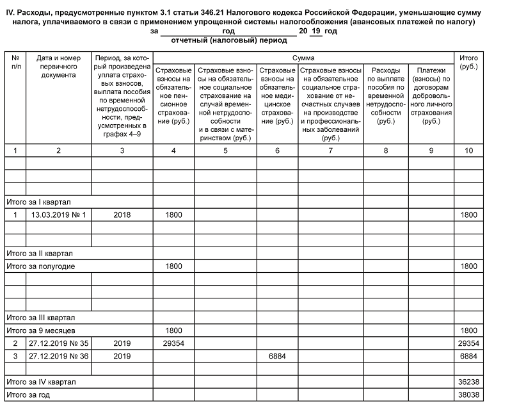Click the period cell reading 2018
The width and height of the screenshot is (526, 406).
[122, 215]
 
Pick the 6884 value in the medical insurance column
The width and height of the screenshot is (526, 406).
[276, 356]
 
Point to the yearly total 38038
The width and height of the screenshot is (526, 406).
[468, 395]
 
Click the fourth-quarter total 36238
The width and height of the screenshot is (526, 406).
[468, 382]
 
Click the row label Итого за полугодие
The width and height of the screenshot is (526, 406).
[40, 266]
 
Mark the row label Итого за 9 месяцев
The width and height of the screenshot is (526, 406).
[40, 330]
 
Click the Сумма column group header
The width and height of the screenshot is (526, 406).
[303, 58]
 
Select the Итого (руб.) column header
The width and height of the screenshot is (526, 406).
[468, 62]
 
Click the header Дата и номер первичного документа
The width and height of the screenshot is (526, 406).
[58, 67]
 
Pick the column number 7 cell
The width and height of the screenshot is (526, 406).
[330, 150]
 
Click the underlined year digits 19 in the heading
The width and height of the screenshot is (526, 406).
[316, 31]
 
